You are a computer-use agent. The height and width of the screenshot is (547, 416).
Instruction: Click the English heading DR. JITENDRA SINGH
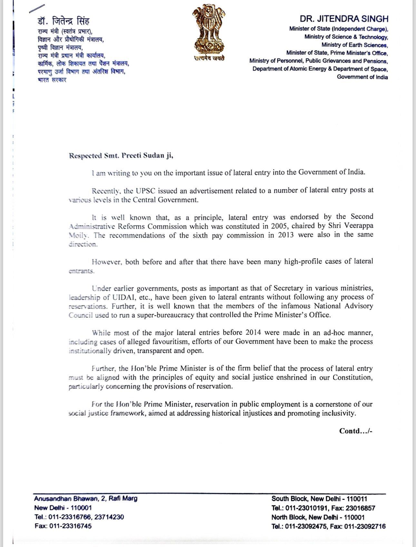point(344,18)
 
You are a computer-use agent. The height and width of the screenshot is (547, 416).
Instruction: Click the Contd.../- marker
point(356,431)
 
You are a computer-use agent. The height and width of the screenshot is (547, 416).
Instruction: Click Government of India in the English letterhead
point(362,77)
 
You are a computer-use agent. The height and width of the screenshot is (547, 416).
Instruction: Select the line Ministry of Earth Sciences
point(354,45)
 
